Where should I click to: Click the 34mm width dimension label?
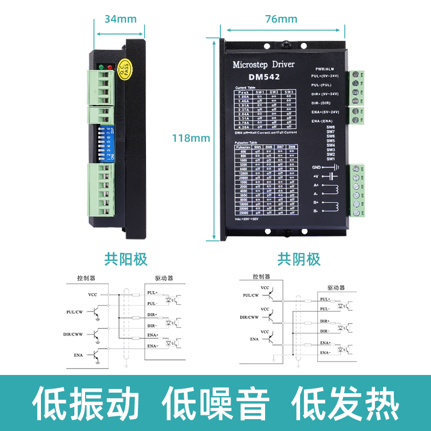[x=120, y=19]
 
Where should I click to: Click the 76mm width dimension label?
[x=281, y=19]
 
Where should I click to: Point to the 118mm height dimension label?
[x=190, y=138]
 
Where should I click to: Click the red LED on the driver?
[x=110, y=67]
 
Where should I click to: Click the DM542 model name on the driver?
[x=263, y=77]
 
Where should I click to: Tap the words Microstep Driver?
[x=263, y=65]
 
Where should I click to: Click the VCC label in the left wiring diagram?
[x=92, y=295]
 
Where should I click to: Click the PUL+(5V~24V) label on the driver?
[x=329, y=77]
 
